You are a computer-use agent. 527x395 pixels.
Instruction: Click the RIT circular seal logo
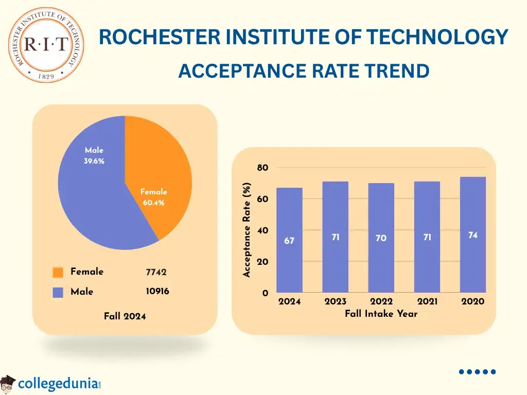pyautogui.click(x=46, y=45)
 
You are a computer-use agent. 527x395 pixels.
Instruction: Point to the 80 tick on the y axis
pyautogui.click(x=262, y=168)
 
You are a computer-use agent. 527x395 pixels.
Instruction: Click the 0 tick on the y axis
pyautogui.click(x=265, y=293)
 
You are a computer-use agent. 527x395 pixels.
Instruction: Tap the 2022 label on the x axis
pyautogui.click(x=381, y=302)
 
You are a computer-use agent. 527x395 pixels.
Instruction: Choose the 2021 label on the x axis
pyautogui.click(x=427, y=302)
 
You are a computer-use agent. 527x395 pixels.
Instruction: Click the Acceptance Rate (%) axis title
pyautogui.click(x=247, y=230)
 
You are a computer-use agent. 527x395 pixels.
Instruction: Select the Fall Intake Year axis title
pyautogui.click(x=381, y=314)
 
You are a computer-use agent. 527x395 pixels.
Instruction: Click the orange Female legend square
pyautogui.click(x=58, y=272)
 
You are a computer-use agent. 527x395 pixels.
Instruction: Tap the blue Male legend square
pyautogui.click(x=58, y=292)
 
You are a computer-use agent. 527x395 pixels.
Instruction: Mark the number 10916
pyautogui.click(x=157, y=292)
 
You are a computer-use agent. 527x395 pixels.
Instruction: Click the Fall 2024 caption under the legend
pyautogui.click(x=125, y=316)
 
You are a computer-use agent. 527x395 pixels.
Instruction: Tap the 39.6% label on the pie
pyautogui.click(x=94, y=161)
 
